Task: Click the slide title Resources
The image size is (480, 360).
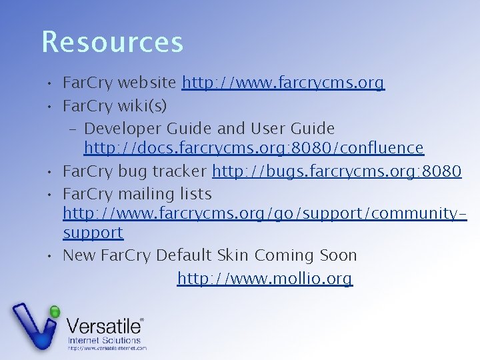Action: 112,41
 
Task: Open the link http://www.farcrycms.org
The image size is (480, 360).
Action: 283,83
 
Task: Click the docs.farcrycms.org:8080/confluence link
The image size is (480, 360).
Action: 253,147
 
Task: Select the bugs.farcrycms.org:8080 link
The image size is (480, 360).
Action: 336,171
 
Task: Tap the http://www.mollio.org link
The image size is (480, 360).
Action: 265,278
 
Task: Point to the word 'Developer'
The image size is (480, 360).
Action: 123,127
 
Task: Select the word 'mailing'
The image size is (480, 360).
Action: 146,194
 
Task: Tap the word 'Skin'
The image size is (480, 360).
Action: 232,255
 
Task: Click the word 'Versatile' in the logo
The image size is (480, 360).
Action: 104,327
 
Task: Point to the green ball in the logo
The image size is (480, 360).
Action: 55,311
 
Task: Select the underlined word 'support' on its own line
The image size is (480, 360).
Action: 93,233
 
